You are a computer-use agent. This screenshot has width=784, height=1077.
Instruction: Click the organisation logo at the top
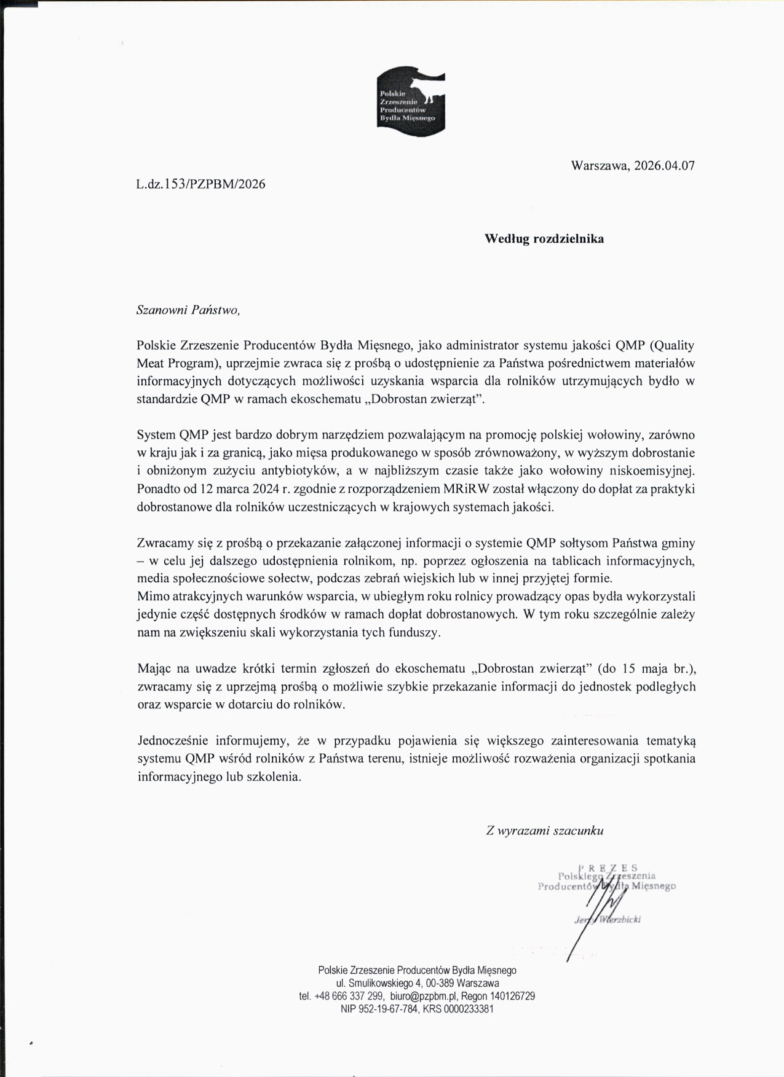411,101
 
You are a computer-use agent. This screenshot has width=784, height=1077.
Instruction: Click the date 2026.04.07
664,165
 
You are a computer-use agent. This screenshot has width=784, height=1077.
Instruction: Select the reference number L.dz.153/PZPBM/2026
201,184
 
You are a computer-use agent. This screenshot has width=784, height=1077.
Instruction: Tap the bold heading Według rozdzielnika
544,238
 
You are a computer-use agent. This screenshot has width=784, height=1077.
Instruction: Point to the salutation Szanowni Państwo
188,310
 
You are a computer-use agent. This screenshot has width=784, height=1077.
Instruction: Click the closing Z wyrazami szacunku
544,831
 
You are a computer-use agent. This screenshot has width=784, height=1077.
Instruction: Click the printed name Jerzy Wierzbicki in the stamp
608,920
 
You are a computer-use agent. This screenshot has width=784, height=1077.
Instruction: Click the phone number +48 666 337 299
349,996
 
